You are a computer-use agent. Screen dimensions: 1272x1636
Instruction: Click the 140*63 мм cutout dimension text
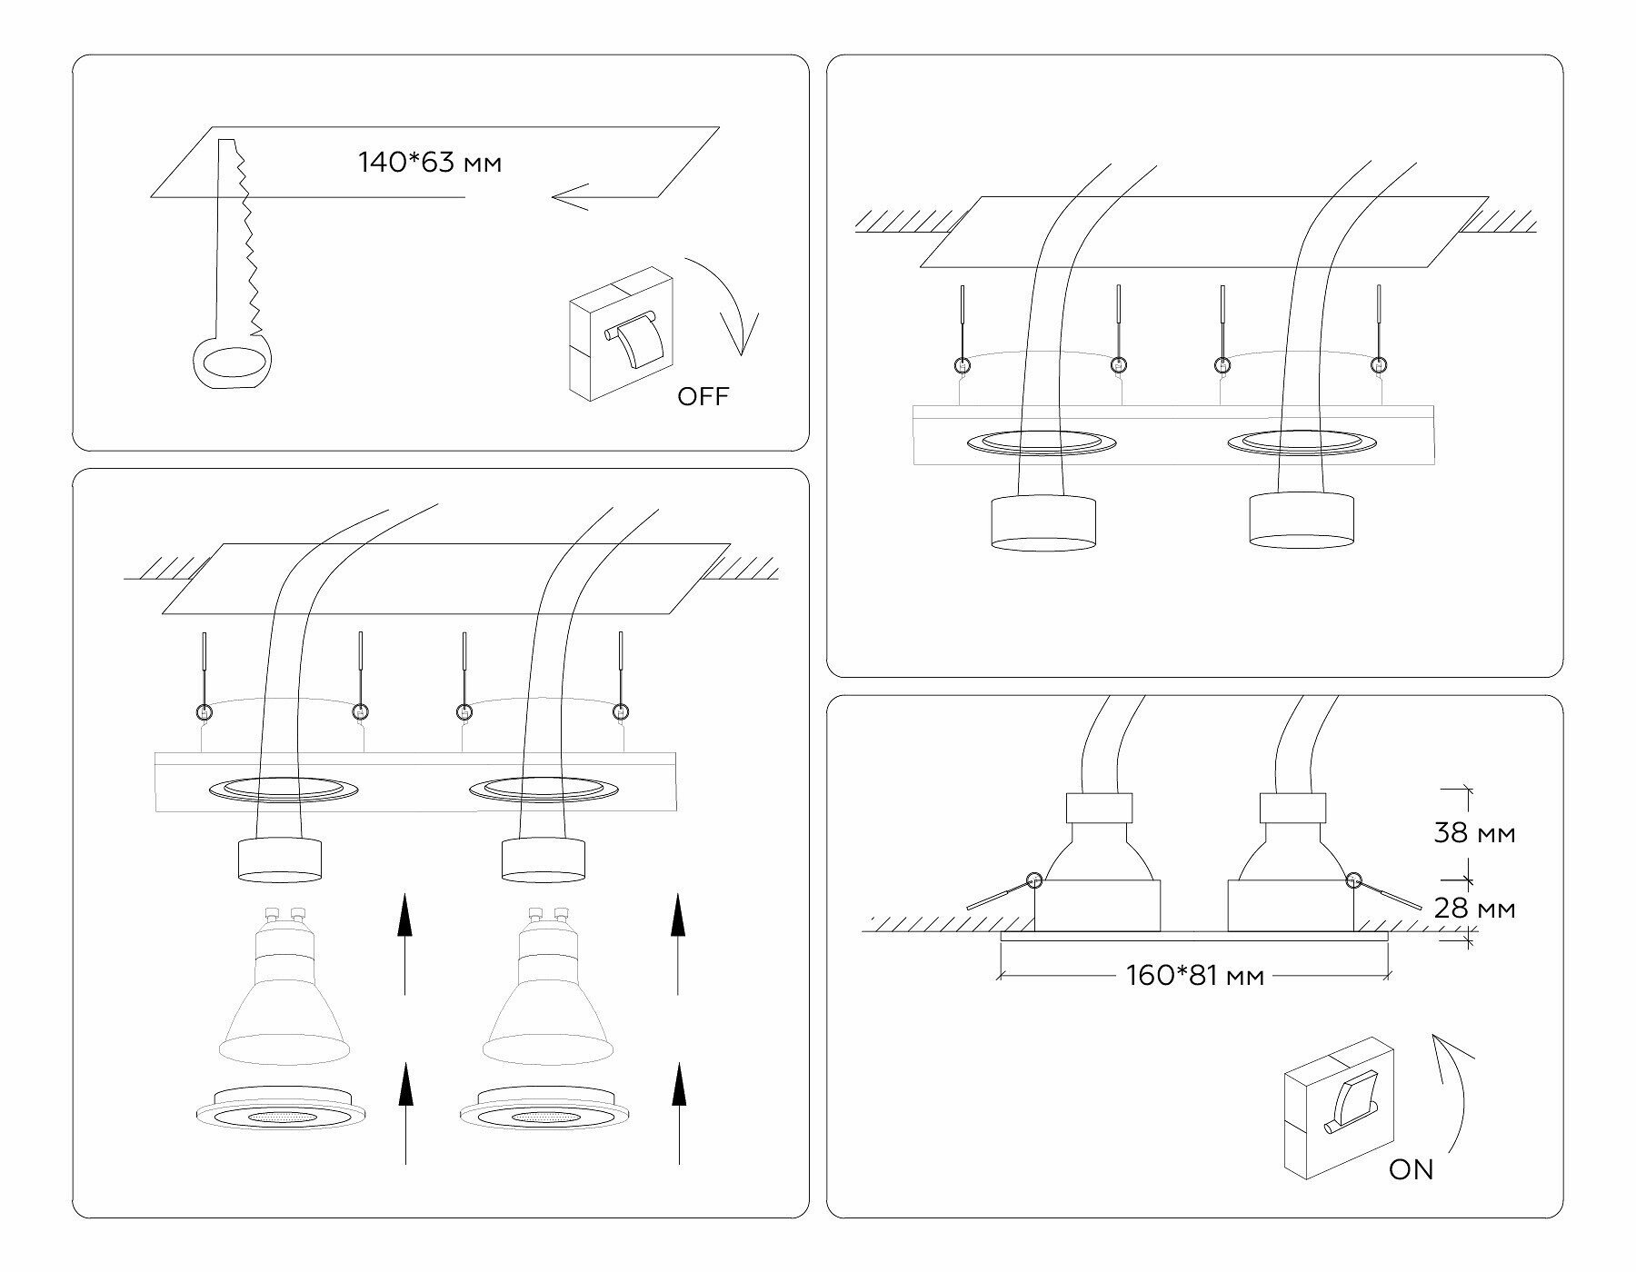click(430, 164)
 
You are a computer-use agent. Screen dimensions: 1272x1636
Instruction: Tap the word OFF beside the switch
click(703, 396)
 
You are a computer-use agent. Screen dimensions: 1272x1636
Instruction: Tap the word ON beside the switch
click(1411, 1169)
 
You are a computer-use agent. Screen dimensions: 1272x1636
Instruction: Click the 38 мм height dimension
click(1474, 833)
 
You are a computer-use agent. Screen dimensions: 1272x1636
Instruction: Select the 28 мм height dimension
click(1474, 909)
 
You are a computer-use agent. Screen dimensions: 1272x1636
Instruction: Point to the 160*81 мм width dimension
click(1194, 977)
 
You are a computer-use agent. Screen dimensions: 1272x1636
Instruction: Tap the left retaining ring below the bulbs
click(282, 1113)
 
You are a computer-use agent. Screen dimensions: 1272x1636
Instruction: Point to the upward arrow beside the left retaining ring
click(405, 1113)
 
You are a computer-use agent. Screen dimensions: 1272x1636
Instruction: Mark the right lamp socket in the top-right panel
click(1302, 522)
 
